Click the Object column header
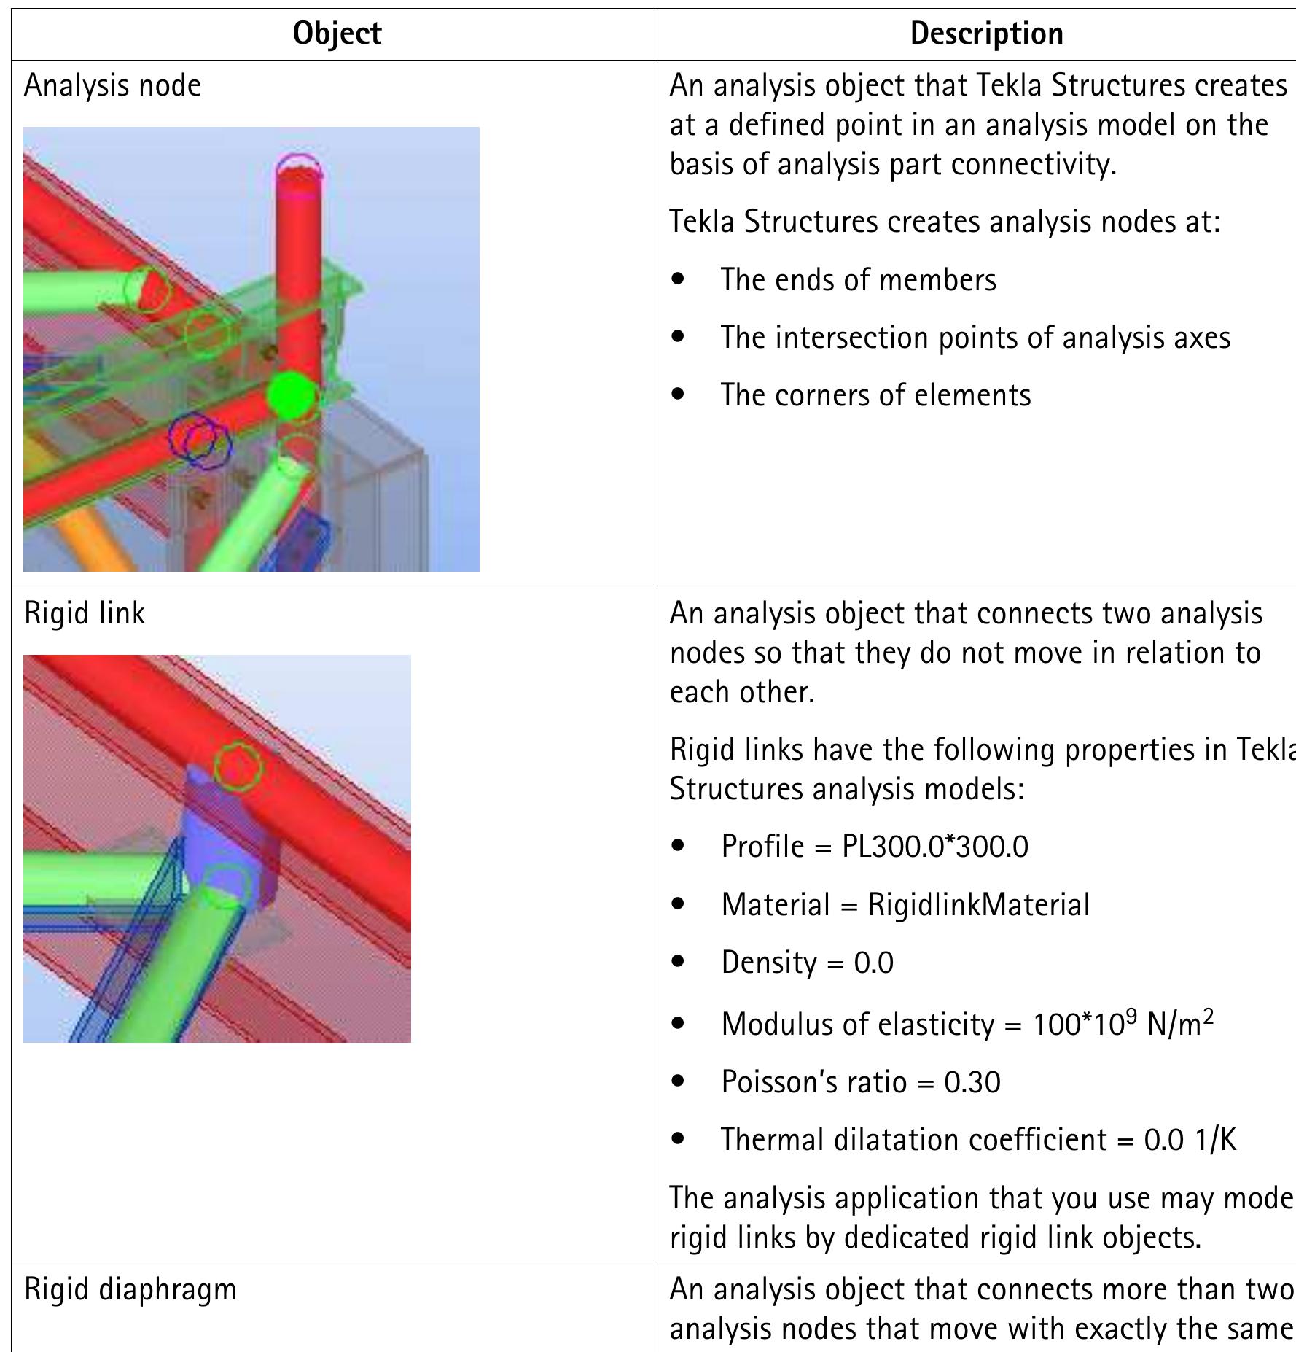pyautogui.click(x=337, y=34)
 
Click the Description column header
pyautogui.click(x=986, y=34)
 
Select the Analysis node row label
pyautogui.click(x=112, y=85)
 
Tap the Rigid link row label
pyautogui.click(x=85, y=613)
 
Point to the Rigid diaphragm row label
pyautogui.click(x=130, y=1289)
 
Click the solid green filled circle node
pyautogui.click(x=291, y=395)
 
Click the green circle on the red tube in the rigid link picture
pyautogui.click(x=238, y=766)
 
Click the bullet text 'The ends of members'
pyautogui.click(x=858, y=280)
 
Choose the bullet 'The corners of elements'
pyautogui.click(x=875, y=395)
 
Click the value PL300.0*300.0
pyautogui.click(x=934, y=847)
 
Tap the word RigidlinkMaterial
pyautogui.click(x=978, y=905)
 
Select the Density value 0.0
pyautogui.click(x=873, y=963)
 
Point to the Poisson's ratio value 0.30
pyautogui.click(x=972, y=1081)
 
